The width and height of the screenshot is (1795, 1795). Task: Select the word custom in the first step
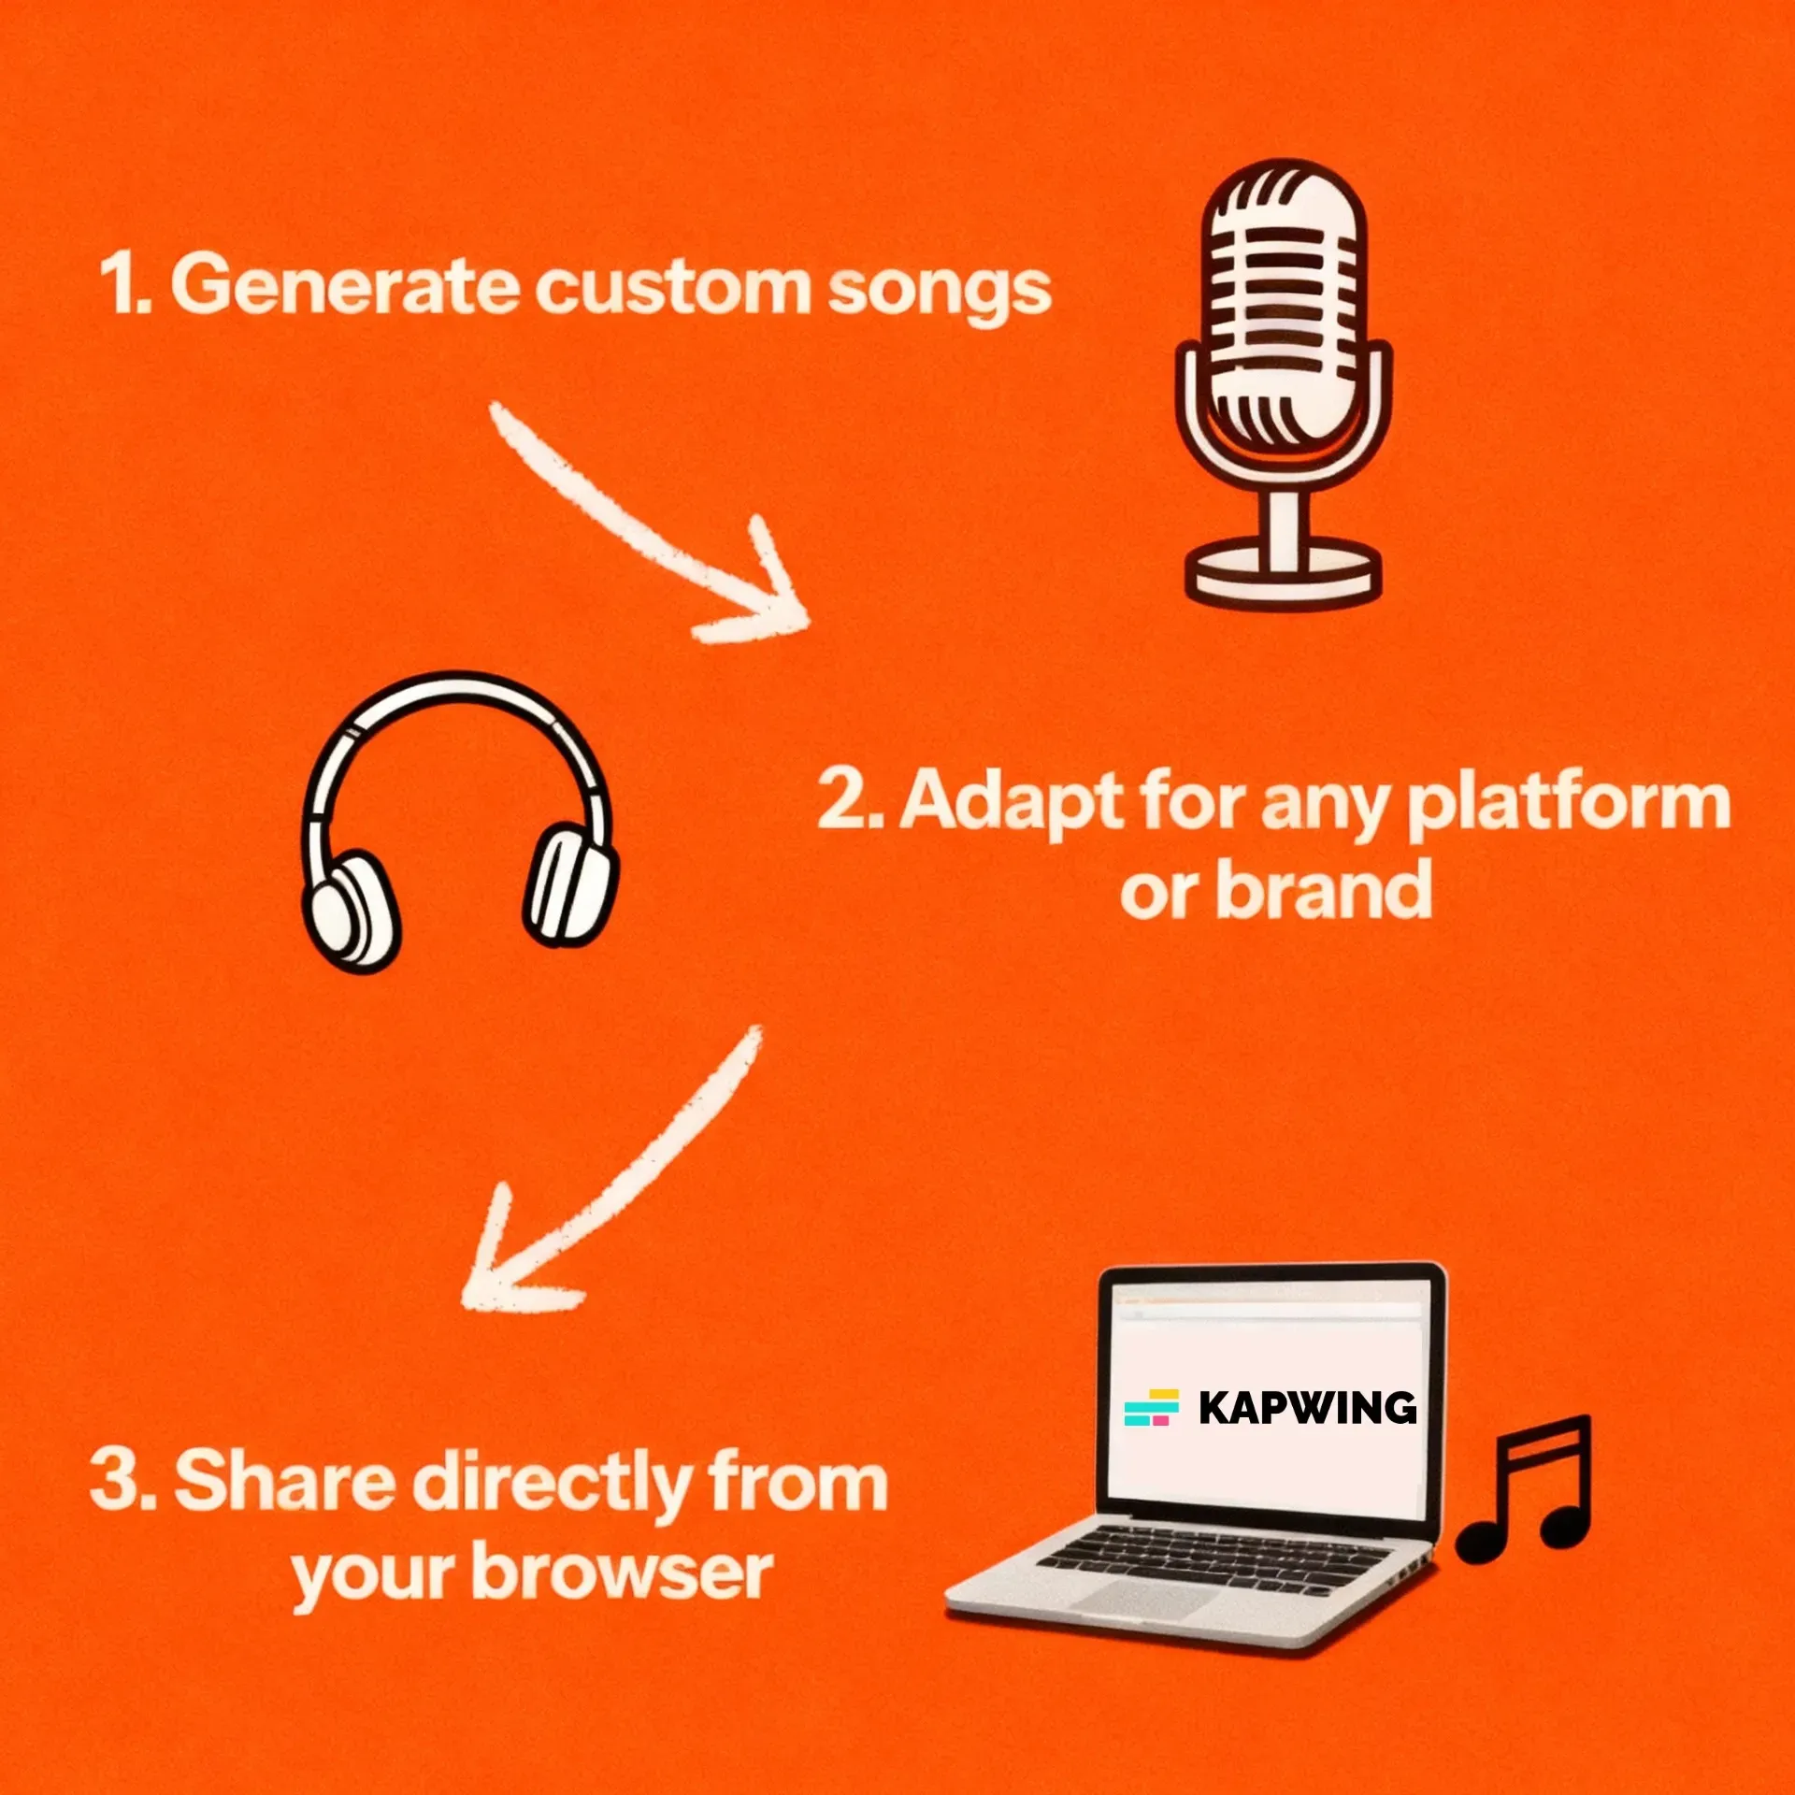(672, 287)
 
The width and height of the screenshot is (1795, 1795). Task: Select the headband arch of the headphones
(458, 696)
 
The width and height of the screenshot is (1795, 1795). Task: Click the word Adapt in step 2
(1010, 802)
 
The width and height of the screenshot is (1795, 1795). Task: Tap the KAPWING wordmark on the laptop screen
(1307, 1407)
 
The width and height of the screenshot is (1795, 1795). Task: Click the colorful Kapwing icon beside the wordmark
(1151, 1407)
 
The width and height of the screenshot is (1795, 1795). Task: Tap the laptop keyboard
(1215, 1557)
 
